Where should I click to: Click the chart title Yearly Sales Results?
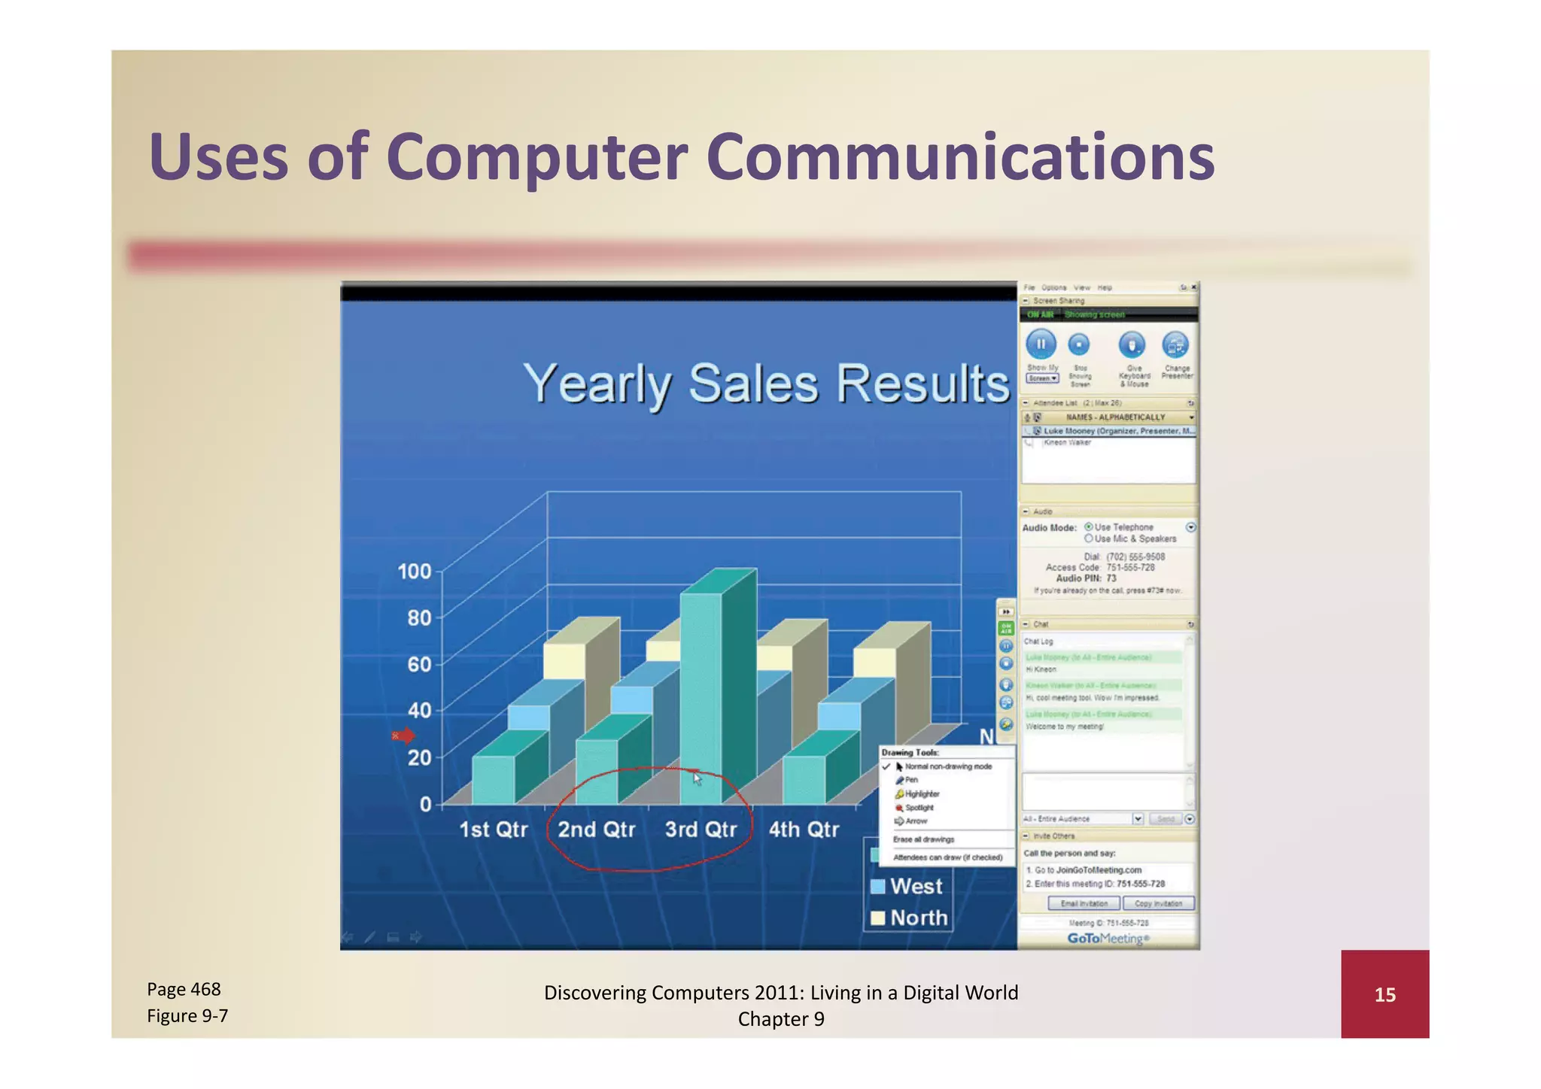point(765,384)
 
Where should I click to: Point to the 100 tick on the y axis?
point(415,572)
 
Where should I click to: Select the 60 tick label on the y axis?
point(419,665)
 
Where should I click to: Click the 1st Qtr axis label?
point(493,830)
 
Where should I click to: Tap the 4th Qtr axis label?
point(803,830)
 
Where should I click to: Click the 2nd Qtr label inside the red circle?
point(596,830)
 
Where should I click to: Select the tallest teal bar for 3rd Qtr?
point(701,692)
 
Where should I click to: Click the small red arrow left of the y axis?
point(403,736)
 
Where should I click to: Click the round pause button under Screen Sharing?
point(1041,344)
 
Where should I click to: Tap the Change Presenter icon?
point(1175,345)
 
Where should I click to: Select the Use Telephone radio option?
point(1089,527)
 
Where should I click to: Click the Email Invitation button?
point(1084,903)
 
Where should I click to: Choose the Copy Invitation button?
point(1158,903)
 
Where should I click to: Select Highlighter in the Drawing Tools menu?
point(922,794)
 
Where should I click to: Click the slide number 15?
point(1384,995)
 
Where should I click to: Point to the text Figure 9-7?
point(187,1016)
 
